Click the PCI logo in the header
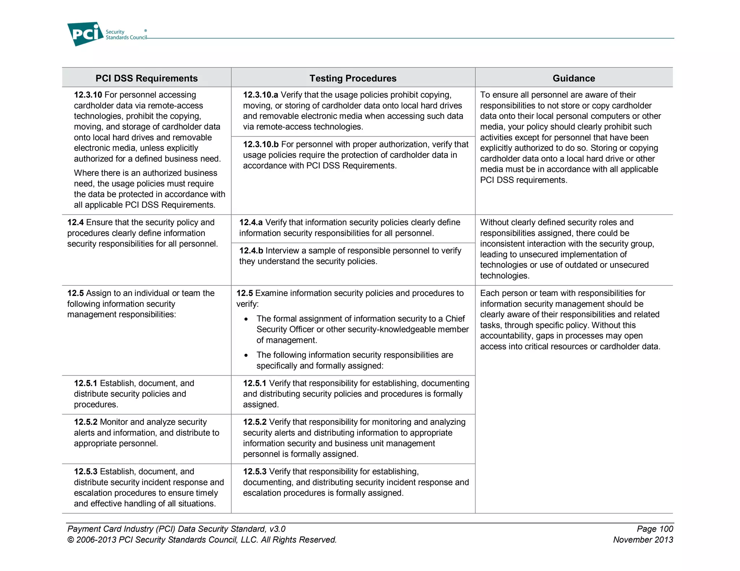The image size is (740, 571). point(85,34)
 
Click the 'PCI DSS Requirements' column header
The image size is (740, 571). point(146,78)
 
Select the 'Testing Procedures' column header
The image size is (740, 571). point(353,78)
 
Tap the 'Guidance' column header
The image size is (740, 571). point(573,78)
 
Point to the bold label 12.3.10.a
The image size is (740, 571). point(260,95)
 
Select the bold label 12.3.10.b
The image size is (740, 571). point(261,144)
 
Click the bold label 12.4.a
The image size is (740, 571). point(251,222)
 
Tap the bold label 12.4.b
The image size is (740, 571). point(251,251)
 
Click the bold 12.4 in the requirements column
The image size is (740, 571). point(75,222)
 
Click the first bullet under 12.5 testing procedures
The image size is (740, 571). point(246,319)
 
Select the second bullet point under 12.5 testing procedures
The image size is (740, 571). point(246,356)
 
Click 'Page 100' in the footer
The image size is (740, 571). point(655,529)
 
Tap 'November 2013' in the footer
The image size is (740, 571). point(643,540)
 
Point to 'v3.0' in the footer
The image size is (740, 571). point(277,529)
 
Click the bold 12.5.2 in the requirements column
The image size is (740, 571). point(86,422)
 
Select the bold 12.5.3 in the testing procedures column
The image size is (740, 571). point(254,472)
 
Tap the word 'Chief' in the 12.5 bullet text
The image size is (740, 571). point(455,319)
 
